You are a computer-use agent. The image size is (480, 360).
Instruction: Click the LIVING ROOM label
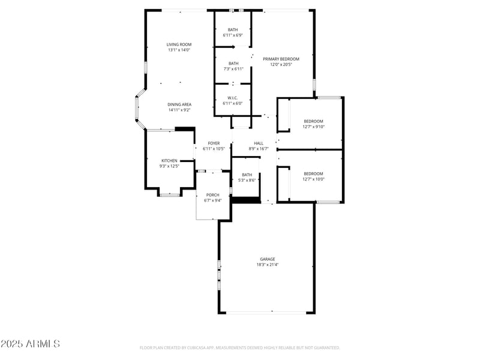coord(179,44)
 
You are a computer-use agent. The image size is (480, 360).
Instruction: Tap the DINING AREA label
coord(179,104)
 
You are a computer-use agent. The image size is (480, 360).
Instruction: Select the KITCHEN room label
coord(169,160)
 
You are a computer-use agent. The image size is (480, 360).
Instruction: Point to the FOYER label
coord(214,143)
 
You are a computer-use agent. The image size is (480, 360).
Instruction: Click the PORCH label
coord(212,195)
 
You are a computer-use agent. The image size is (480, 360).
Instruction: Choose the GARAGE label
coord(268,259)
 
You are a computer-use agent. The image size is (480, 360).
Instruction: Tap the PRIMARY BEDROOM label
coord(281,59)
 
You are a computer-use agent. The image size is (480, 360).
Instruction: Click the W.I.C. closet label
coord(233,98)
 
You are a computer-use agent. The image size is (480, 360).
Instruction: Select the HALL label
coord(259,143)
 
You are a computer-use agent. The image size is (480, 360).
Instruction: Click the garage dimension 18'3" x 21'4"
coord(268,265)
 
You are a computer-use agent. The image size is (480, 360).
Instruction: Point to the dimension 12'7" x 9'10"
coord(313,127)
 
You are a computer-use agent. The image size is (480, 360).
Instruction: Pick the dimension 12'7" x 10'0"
coord(313,179)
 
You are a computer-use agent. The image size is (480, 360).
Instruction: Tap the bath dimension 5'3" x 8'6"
coord(247,180)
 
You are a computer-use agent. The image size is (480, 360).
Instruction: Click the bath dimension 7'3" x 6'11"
coord(233,69)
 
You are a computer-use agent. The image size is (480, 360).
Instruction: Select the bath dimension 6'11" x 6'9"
coord(233,35)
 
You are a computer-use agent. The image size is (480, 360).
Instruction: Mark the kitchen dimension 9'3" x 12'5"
coord(169,166)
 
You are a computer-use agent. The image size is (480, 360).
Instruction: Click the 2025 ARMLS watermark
coord(30,344)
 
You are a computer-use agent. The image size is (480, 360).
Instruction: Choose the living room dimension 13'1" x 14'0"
coord(179,50)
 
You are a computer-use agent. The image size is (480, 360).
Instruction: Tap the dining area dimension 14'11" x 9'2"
coord(179,110)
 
